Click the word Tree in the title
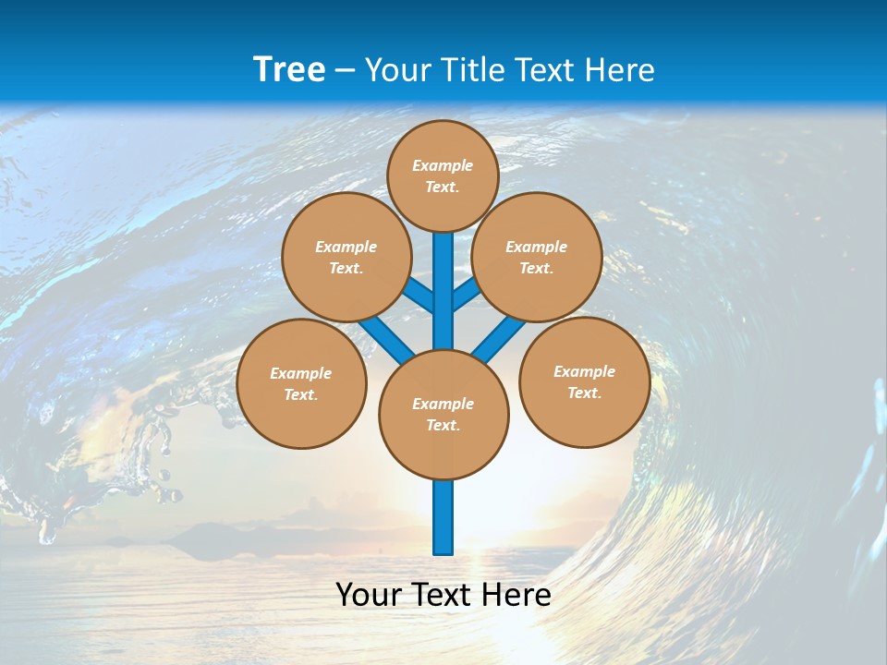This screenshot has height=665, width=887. pyautogui.click(x=289, y=69)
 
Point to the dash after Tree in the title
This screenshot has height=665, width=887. pyautogui.click(x=345, y=71)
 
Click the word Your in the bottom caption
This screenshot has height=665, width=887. pyautogui.click(x=368, y=595)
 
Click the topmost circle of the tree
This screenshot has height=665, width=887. pyautogui.click(x=443, y=175)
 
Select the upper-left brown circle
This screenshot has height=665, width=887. pyautogui.click(x=346, y=257)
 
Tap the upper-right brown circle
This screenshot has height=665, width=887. pyautogui.click(x=537, y=257)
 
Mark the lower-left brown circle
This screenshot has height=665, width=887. pyautogui.click(x=301, y=383)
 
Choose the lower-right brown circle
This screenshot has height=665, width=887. pyautogui.click(x=584, y=381)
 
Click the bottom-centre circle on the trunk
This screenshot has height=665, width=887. pyautogui.click(x=443, y=414)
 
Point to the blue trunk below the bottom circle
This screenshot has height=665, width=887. pyautogui.click(x=443, y=517)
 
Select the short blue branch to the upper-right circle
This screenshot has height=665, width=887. pyautogui.click(x=466, y=295)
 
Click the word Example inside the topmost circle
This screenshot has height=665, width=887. pyautogui.click(x=443, y=165)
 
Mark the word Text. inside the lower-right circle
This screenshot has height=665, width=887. pyautogui.click(x=584, y=393)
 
